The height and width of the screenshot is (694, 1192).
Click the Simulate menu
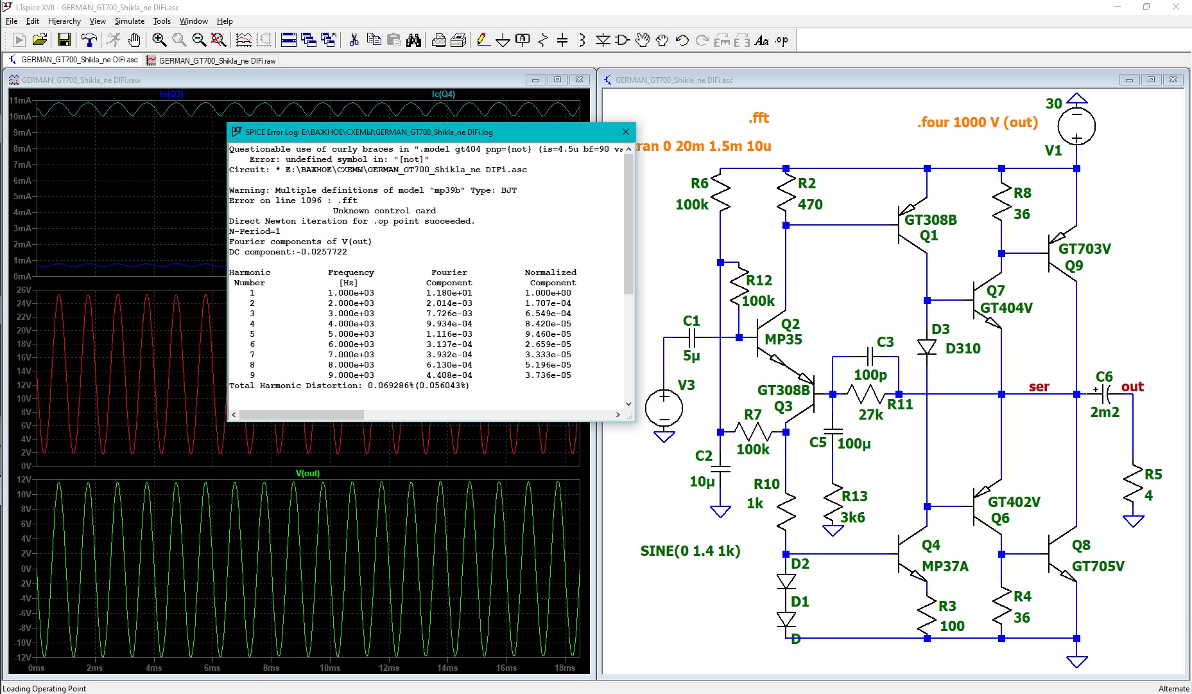click(130, 21)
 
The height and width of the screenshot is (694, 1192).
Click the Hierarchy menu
click(64, 21)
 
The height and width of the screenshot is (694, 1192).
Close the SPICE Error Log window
click(626, 132)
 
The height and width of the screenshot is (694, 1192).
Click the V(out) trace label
click(307, 473)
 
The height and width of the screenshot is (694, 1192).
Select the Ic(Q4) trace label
click(444, 94)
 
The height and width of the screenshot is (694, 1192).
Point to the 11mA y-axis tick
click(20, 100)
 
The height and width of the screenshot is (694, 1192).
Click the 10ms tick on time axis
click(330, 668)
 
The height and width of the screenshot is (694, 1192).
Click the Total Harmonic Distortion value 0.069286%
click(390, 386)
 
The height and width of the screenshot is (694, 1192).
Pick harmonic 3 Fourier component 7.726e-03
click(449, 314)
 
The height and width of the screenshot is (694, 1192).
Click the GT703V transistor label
click(1084, 249)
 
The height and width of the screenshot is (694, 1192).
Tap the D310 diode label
click(963, 348)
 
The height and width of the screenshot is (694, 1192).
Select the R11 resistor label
click(900, 404)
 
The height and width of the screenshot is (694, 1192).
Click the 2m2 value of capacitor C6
click(1104, 412)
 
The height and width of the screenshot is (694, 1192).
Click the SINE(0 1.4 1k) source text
click(690, 551)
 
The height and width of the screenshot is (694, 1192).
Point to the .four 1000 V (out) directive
click(978, 122)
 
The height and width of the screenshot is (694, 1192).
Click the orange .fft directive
click(759, 118)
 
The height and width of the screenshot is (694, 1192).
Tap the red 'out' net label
click(1132, 386)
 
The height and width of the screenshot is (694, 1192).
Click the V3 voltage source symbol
click(664, 407)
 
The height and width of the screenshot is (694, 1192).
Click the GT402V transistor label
click(1014, 502)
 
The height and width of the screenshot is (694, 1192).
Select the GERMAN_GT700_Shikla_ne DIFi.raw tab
click(211, 60)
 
